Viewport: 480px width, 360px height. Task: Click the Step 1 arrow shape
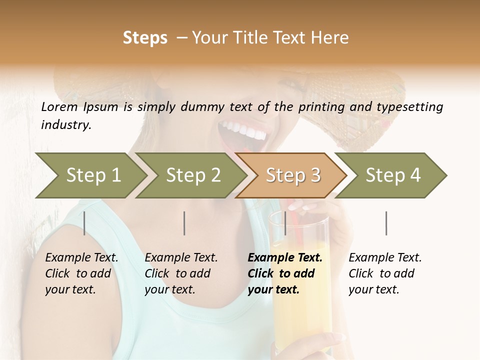click(92, 175)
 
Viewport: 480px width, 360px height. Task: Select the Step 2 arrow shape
click(192, 175)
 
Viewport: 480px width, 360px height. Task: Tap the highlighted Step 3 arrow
click(292, 175)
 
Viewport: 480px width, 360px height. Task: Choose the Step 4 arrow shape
click(392, 175)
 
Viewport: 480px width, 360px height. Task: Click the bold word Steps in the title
click(145, 38)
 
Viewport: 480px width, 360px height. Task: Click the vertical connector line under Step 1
click(84, 223)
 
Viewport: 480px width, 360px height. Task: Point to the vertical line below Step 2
click(184, 223)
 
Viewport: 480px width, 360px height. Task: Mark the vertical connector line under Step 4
click(386, 223)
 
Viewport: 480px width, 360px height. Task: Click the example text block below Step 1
click(81, 273)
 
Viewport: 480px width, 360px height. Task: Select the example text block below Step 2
click(181, 273)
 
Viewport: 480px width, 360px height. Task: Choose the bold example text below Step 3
click(285, 273)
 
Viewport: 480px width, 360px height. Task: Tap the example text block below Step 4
click(385, 273)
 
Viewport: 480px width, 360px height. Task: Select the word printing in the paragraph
click(317, 107)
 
